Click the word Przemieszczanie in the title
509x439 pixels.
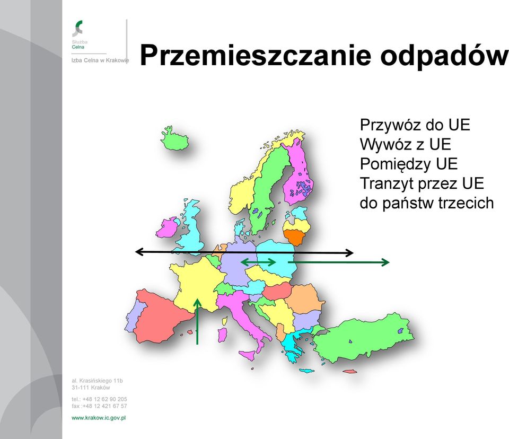[256, 55]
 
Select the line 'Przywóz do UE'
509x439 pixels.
[415, 125]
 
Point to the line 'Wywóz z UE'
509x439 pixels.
[406, 145]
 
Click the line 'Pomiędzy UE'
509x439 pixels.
[409, 164]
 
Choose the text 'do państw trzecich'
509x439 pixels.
[427, 203]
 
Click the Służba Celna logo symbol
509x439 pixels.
[77, 28]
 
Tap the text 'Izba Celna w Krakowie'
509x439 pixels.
[100, 60]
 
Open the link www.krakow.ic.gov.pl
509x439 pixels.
[99, 418]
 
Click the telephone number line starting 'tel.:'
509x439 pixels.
[99, 399]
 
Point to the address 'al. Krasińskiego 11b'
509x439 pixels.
[98, 381]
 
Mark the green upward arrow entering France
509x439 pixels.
[197, 321]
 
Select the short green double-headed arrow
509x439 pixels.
[258, 262]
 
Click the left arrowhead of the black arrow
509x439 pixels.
[139, 251]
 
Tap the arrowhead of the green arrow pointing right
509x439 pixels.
[385, 262]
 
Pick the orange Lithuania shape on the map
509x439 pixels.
[295, 236]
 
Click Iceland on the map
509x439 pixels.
[174, 139]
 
